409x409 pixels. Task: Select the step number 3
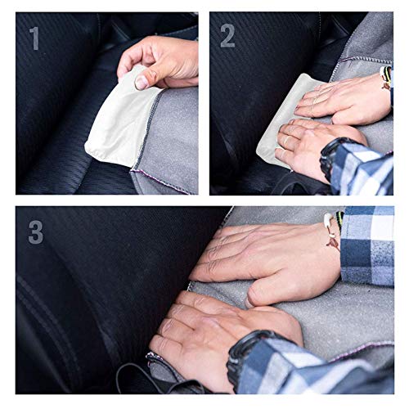pyautogui.click(x=36, y=231)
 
